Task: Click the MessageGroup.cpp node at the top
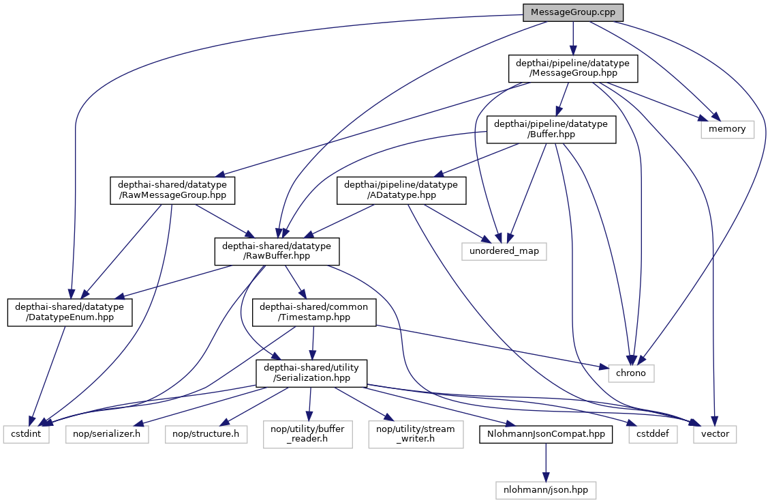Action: [x=573, y=12]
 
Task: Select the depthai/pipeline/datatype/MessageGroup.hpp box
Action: [x=573, y=69]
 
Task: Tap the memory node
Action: [x=728, y=128]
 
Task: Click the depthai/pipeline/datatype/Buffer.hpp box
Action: [x=551, y=128]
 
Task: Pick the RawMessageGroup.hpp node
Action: [x=172, y=190]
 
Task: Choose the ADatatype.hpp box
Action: [x=401, y=190]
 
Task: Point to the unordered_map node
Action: [x=504, y=251]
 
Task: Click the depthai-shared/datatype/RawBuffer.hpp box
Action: [x=277, y=251]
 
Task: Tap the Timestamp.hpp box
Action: [x=313, y=312]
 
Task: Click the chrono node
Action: [x=631, y=373]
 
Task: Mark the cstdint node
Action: [x=26, y=433]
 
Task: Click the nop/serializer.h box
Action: [x=107, y=433]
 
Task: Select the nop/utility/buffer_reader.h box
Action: [x=308, y=433]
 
